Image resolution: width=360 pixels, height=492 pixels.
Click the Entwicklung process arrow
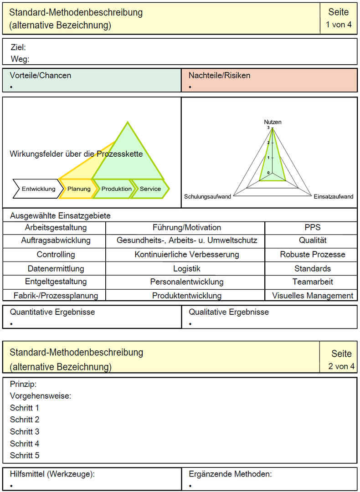click(x=38, y=189)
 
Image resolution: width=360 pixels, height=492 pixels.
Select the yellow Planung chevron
click(x=79, y=189)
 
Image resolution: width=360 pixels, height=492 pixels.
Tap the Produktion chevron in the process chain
click(x=116, y=189)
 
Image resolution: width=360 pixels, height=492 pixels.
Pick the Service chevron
click(x=150, y=189)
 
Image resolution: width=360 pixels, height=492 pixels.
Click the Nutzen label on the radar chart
click(x=273, y=122)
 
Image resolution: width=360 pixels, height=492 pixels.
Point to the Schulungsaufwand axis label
click(x=207, y=196)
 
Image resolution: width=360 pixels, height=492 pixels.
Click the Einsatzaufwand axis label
click(x=334, y=196)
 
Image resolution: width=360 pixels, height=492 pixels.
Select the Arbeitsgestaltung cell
click(x=56, y=227)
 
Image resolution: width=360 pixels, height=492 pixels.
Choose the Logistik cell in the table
click(x=186, y=269)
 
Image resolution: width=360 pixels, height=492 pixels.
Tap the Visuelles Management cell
click(x=313, y=296)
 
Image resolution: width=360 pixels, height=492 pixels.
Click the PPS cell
click(x=313, y=227)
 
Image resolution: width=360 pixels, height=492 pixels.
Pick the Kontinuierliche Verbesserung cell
click(x=186, y=255)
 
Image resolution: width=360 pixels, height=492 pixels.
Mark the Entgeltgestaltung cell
click(x=56, y=282)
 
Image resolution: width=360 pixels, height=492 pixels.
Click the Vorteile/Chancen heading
click(x=41, y=76)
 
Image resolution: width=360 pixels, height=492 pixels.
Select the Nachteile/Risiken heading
click(x=220, y=76)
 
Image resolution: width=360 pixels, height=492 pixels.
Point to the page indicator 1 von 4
click(x=339, y=25)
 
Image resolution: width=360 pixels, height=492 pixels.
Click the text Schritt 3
click(x=25, y=431)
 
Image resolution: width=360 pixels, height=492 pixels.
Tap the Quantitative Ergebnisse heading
click(x=52, y=313)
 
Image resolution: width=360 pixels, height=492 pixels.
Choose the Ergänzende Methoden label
click(x=230, y=474)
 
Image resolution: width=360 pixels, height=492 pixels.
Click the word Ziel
click(x=18, y=47)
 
